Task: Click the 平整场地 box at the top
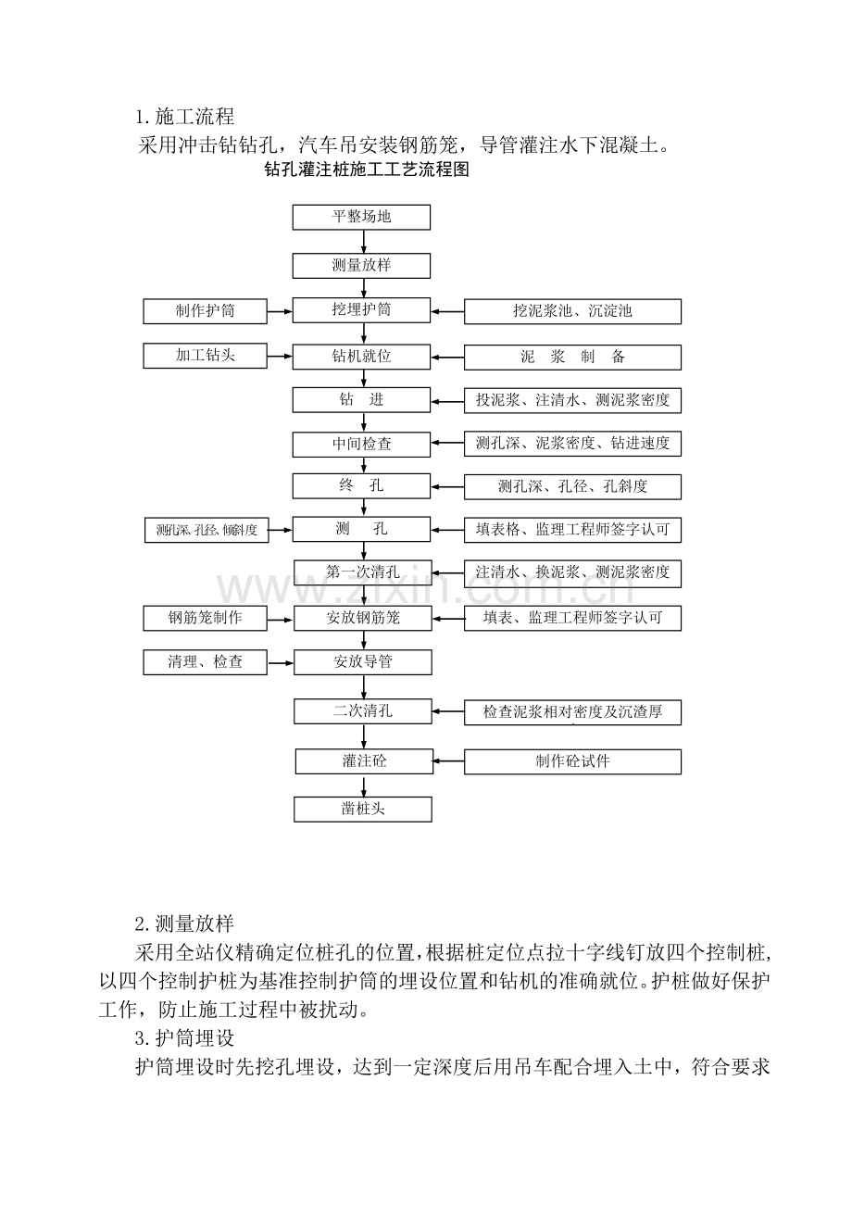pyautogui.click(x=361, y=217)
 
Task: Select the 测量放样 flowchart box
pyautogui.click(x=361, y=266)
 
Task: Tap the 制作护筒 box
pyautogui.click(x=205, y=311)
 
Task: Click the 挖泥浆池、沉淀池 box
pyautogui.click(x=572, y=311)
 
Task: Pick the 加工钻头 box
pyautogui.click(x=205, y=356)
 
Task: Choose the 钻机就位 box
pyautogui.click(x=361, y=357)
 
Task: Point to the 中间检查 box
pyautogui.click(x=361, y=445)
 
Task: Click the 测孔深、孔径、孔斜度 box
pyautogui.click(x=572, y=486)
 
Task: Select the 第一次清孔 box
pyautogui.click(x=363, y=572)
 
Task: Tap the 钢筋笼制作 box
pyautogui.click(x=205, y=618)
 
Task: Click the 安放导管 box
pyautogui.click(x=363, y=662)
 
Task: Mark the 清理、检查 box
pyautogui.click(x=205, y=662)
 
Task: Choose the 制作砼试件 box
pyautogui.click(x=572, y=761)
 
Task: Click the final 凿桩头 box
pyautogui.click(x=363, y=810)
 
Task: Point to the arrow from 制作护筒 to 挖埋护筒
pyautogui.click(x=280, y=312)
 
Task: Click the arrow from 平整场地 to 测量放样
pyautogui.click(x=364, y=242)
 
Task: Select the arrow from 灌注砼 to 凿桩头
pyautogui.click(x=364, y=785)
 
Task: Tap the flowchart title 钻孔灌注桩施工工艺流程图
pyautogui.click(x=367, y=170)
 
